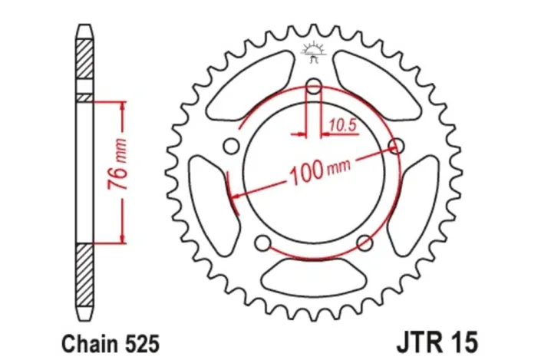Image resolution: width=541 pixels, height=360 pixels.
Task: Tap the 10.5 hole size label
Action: coord(344,124)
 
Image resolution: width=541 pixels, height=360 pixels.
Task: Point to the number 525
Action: coord(136,339)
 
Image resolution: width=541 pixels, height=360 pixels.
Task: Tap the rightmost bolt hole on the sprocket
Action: coord(397,146)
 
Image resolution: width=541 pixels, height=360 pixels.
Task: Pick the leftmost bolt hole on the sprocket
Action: coord(229,146)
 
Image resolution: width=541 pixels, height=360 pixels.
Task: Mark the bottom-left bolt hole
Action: coord(262,244)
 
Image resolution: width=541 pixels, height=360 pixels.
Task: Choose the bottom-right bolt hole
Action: coord(365,244)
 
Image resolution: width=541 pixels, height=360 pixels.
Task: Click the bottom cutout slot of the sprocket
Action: coord(313,273)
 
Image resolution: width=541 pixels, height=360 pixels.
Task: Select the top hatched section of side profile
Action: coord(84,65)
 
